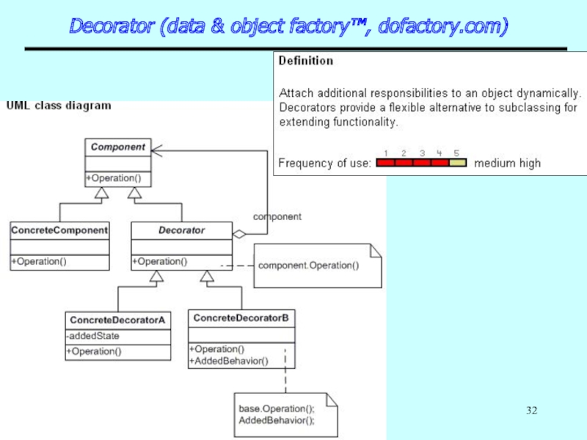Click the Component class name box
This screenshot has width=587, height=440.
[117, 147]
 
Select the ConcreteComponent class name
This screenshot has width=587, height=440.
[59, 230]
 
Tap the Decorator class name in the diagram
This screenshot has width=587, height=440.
[182, 230]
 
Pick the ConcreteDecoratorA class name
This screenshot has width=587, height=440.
[117, 320]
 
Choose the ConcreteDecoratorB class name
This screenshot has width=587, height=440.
[241, 318]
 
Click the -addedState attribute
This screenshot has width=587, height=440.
[93, 336]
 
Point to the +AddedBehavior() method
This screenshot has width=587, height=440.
[230, 361]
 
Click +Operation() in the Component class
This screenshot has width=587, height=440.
[114, 178]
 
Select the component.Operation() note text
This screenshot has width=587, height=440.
[309, 265]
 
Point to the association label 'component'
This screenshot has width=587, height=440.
[277, 217]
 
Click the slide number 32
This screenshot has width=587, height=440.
[532, 408]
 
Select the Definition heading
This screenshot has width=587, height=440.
[306, 62]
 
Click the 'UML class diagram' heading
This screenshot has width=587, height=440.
[59, 106]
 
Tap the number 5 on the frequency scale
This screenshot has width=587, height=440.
[456, 153]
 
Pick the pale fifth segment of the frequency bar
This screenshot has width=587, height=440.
[457, 164]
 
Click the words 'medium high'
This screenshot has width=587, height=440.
[507, 164]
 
